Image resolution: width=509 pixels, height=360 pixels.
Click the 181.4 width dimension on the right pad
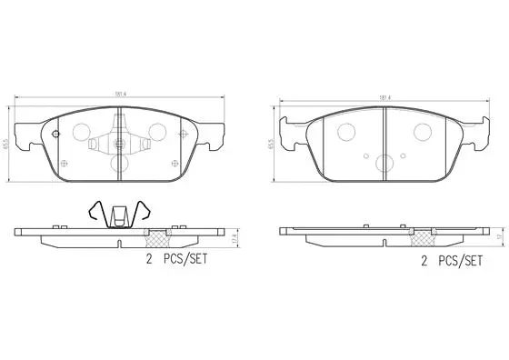[384, 93]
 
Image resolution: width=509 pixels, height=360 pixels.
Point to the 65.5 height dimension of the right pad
[271, 141]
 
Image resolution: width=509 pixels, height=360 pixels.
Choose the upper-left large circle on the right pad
[346, 132]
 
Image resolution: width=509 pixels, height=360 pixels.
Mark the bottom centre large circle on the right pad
[384, 165]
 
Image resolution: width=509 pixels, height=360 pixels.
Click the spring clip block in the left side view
[119, 219]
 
